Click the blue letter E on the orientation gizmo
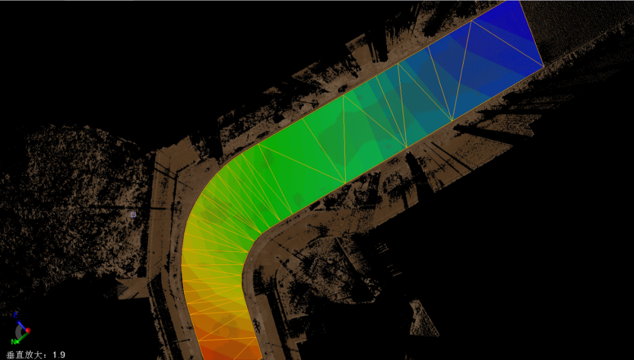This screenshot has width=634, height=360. pyautogui.click(x=16, y=315)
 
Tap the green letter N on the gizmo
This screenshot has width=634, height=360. pyautogui.click(x=14, y=342)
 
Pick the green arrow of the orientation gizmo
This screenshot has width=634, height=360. pyautogui.click(x=23, y=337)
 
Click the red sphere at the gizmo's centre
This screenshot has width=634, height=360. pyautogui.click(x=28, y=331)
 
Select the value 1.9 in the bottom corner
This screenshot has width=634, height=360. pyautogui.click(x=59, y=355)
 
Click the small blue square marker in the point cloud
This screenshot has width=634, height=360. pyautogui.click(x=133, y=215)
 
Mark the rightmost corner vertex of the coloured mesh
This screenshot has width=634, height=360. pyautogui.click(x=544, y=66)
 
